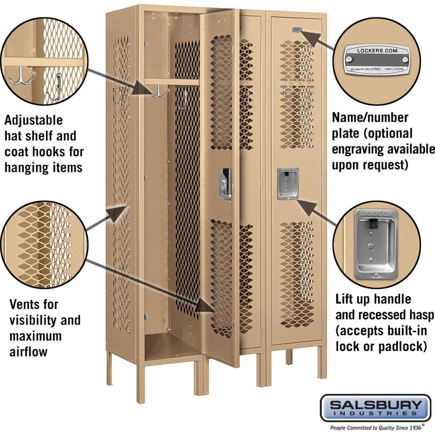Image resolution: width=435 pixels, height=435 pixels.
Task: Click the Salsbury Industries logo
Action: click(375, 407)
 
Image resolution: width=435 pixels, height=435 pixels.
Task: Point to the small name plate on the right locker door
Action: click(297, 30)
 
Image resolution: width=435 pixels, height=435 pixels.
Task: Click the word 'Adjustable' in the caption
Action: click(34, 120)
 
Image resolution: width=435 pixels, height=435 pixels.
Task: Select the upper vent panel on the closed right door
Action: click(297, 94)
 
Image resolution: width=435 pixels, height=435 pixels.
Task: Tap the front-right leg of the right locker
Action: click(321, 361)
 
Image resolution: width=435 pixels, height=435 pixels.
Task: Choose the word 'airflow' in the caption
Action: click(29, 351)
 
